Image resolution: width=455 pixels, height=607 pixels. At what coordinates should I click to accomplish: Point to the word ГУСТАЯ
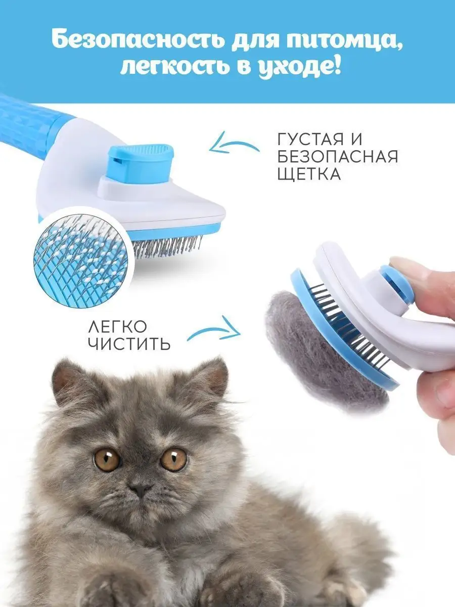tap(311, 139)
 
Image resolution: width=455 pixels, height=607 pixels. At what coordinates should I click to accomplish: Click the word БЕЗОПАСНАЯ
tap(338, 156)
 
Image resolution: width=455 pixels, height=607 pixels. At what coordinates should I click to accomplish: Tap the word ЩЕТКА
tap(308, 174)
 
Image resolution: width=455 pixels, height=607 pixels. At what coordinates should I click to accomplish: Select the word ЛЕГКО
tap(117, 327)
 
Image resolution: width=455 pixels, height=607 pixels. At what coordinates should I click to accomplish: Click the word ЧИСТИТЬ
tap(129, 344)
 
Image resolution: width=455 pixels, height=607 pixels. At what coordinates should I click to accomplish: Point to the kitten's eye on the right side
tap(174, 460)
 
